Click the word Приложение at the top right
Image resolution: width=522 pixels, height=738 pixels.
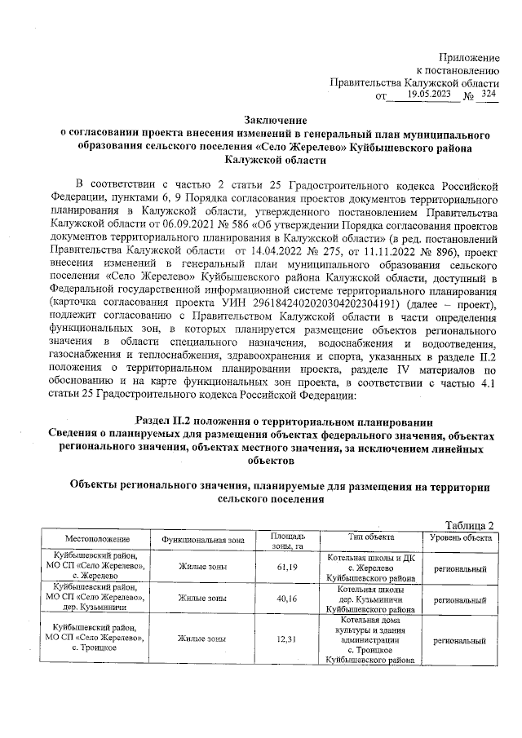[468, 57]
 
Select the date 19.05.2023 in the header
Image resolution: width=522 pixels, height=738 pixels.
[427, 95]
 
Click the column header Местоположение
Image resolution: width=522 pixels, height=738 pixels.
[98, 540]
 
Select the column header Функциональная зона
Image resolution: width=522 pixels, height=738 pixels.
[202, 540]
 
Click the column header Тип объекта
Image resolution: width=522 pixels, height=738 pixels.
[371, 537]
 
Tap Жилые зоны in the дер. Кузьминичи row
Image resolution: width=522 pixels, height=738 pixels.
[202, 599]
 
